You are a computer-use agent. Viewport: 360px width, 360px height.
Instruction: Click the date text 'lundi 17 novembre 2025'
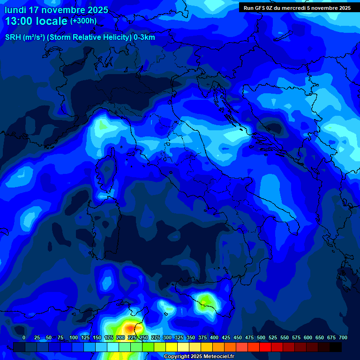tap(56, 10)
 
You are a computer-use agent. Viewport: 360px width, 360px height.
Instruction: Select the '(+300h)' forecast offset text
tap(83, 21)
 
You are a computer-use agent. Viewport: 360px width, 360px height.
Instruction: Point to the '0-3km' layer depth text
tap(144, 37)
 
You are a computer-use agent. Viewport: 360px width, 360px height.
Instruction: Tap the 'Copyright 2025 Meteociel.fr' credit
tap(198, 357)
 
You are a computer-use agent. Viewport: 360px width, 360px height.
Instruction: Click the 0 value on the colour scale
tap(24, 337)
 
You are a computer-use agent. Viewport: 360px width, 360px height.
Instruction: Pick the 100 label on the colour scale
tap(73, 337)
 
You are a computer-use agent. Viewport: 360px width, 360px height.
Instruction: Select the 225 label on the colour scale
tap(132, 337)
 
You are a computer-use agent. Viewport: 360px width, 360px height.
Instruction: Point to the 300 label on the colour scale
tap(167, 337)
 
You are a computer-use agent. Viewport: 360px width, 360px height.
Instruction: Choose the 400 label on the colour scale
tap(214, 337)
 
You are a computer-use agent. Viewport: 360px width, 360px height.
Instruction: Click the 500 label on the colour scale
tap(261, 337)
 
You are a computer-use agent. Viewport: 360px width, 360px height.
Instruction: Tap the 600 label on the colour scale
tap(307, 337)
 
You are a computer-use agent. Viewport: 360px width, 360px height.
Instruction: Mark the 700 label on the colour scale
tap(343, 337)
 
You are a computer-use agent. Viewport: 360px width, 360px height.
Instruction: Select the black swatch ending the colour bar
tap(336, 347)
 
